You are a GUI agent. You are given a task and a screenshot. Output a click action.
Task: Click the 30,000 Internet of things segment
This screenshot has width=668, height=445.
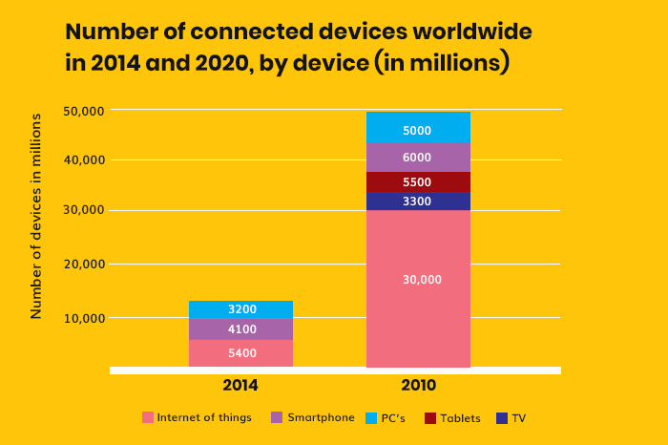tap(418, 280)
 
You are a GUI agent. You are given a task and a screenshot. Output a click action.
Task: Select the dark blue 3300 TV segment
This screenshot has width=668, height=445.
tap(418, 201)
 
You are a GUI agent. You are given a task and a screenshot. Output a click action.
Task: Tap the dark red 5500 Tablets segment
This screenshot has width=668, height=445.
tap(418, 182)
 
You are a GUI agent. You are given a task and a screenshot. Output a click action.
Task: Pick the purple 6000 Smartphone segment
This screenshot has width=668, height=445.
tap(418, 158)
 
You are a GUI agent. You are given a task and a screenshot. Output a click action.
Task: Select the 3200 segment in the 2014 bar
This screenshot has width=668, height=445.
tap(241, 309)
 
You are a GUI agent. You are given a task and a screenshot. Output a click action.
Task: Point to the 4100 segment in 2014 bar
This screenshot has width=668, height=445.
tap(241, 329)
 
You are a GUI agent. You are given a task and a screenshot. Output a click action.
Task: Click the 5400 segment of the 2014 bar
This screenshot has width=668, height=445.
tap(241, 353)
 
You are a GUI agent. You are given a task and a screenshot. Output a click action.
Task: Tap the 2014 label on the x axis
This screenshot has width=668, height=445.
tap(240, 386)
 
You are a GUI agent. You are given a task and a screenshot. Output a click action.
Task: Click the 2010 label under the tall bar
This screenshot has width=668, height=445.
tap(418, 386)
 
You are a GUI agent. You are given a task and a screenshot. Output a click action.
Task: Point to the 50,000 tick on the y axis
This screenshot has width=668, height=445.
tap(83, 111)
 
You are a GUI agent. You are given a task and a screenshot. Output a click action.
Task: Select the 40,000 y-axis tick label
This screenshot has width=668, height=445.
tap(83, 160)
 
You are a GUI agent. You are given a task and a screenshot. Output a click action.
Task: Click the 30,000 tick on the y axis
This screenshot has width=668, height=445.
tap(83, 211)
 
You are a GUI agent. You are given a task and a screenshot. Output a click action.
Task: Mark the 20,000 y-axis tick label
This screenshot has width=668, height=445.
tap(83, 265)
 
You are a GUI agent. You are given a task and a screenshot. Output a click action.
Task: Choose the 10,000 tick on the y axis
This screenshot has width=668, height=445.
tap(83, 318)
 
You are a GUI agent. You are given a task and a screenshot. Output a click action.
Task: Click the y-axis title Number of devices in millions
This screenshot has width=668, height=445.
tap(36, 216)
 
